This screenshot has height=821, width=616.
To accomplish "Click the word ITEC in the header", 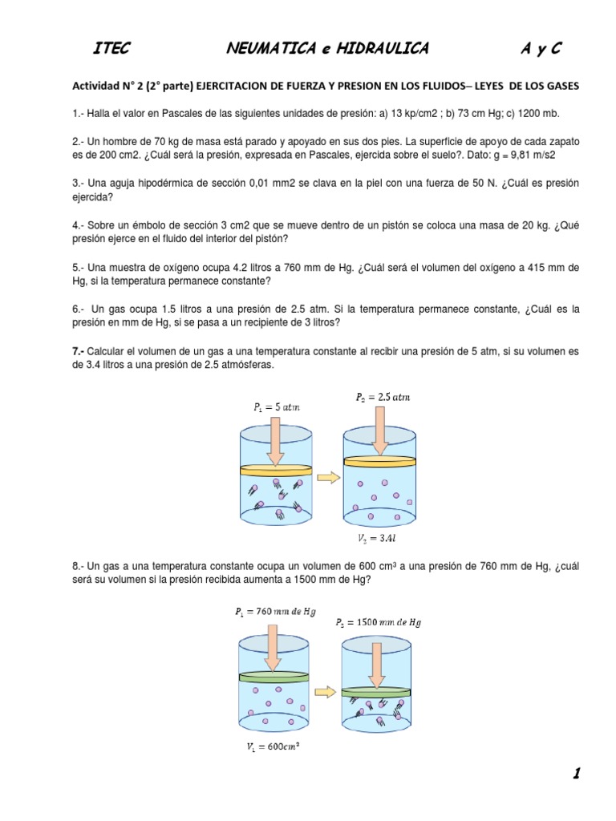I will click(111, 49).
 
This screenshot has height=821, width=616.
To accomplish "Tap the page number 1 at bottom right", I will click(576, 774).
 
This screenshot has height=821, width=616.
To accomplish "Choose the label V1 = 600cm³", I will click(274, 746).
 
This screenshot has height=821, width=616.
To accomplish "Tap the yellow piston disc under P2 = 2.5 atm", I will click(379, 461).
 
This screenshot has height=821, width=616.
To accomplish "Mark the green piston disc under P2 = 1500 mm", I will click(377, 691).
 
